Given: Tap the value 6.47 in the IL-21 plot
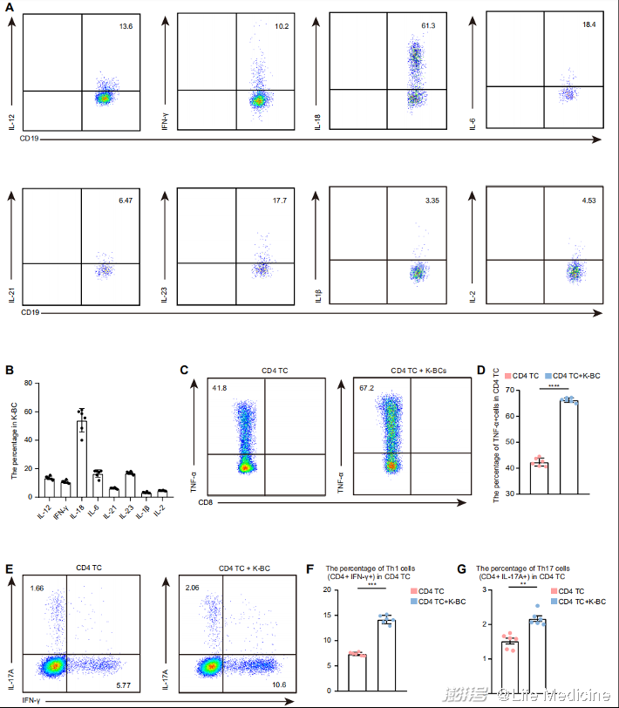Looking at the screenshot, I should point(126,202).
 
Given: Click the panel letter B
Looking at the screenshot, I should point(10,370).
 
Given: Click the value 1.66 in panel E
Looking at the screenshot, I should point(36,589).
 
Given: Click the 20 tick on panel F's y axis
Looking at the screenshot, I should point(328,590).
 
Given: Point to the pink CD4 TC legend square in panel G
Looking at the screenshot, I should point(551,592).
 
